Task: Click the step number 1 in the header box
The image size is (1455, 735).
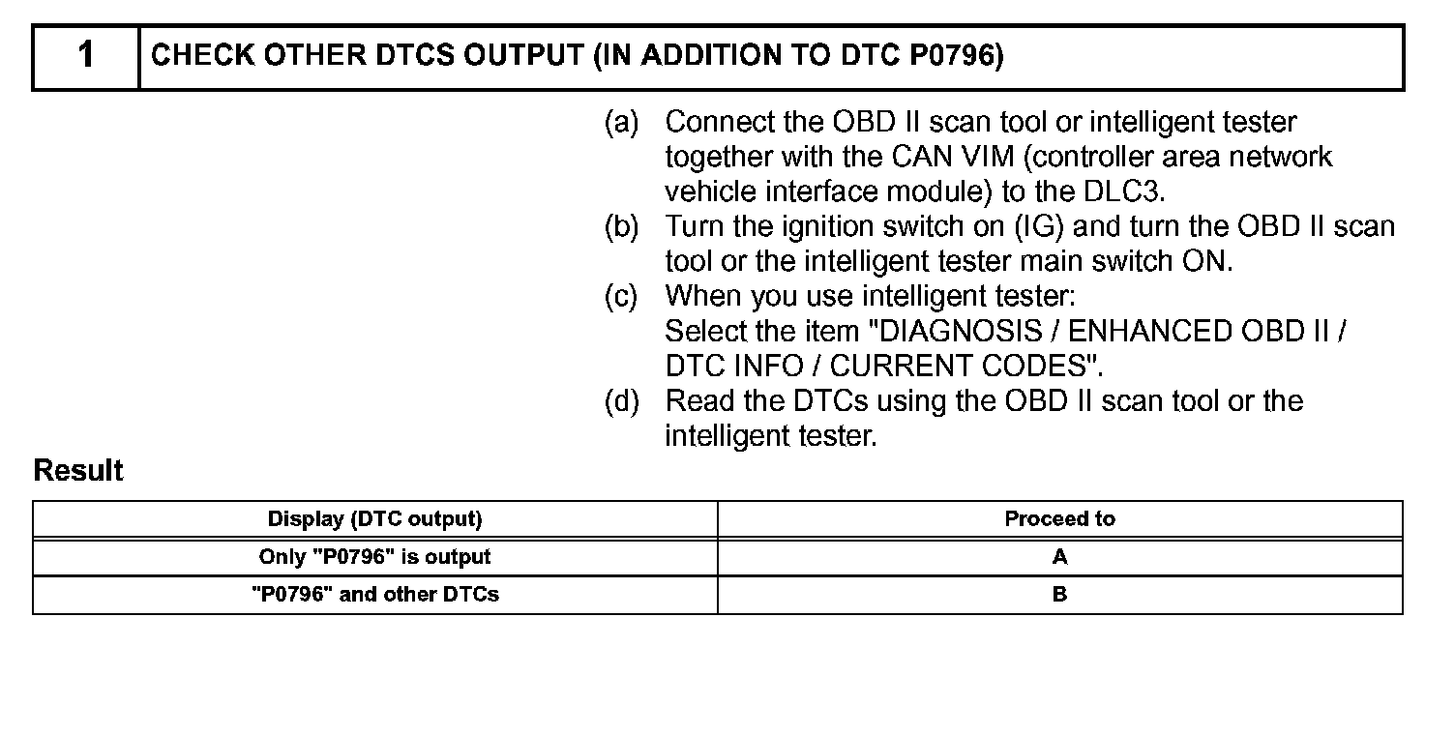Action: tap(86, 56)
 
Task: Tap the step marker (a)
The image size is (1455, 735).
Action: tap(622, 123)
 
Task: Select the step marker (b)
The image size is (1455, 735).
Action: tap(622, 227)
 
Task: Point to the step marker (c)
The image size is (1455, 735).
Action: tap(622, 297)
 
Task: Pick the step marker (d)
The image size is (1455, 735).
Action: tap(622, 401)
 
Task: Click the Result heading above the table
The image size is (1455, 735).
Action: tap(78, 471)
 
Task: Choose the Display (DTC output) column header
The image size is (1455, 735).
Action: tap(374, 519)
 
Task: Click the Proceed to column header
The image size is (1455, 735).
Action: tap(1059, 519)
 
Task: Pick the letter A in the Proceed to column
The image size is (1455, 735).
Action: tap(1059, 557)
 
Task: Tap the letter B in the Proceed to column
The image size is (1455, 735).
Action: tap(1059, 595)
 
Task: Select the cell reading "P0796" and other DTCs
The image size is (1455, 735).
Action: tap(374, 595)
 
